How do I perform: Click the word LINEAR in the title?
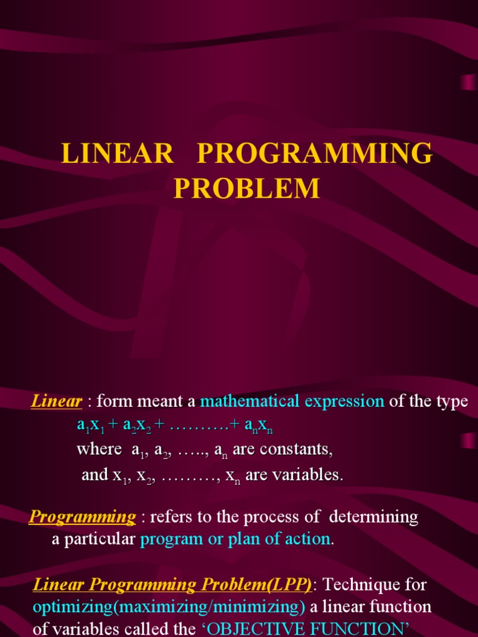click(x=117, y=154)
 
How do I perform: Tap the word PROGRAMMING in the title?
click(x=314, y=154)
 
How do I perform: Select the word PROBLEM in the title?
click(x=246, y=188)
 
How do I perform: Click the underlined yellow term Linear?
click(x=57, y=402)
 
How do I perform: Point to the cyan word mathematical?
click(x=250, y=402)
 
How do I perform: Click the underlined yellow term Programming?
click(x=83, y=517)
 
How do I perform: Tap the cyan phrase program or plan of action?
click(x=235, y=539)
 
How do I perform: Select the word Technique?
click(x=359, y=585)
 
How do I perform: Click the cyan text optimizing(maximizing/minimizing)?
click(x=169, y=607)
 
